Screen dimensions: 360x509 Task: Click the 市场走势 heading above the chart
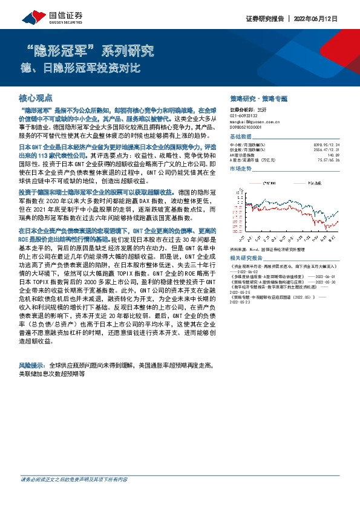point(242,169)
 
